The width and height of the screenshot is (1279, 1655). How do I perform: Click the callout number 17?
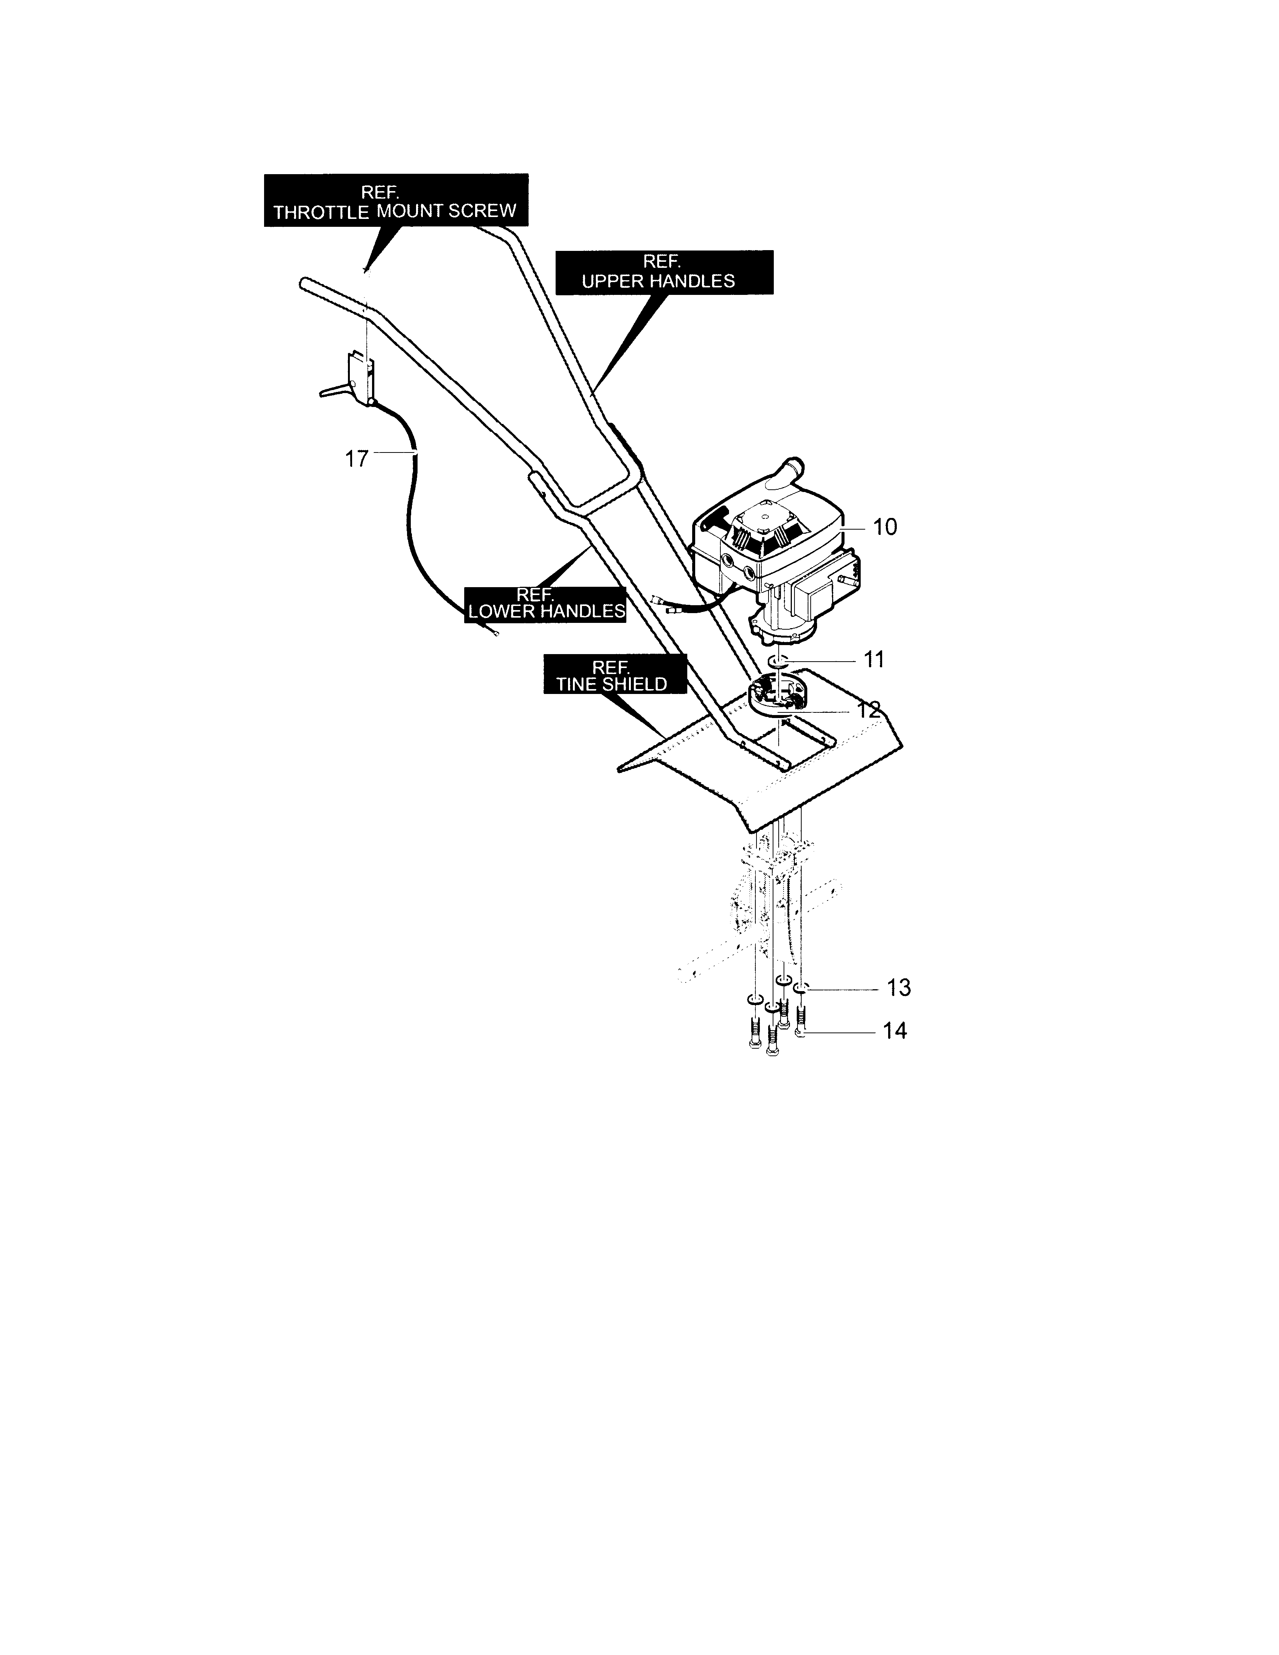point(357,459)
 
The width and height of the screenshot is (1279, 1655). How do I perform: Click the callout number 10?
point(885,527)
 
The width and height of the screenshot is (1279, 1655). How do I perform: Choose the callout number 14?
point(895,1031)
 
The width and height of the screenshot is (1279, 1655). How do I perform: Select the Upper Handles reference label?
point(664,272)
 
